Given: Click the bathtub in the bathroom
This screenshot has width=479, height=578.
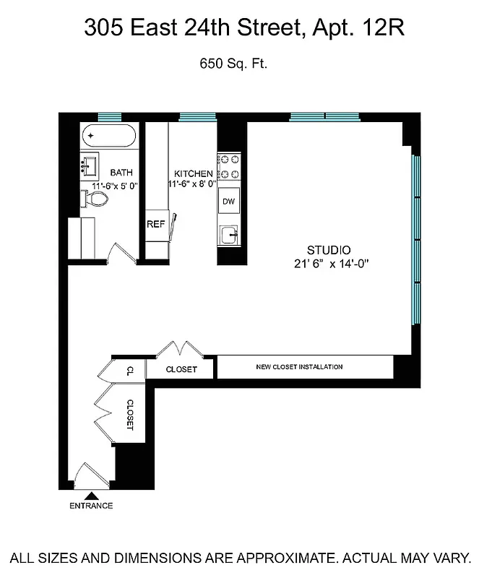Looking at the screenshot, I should pyautogui.click(x=108, y=136).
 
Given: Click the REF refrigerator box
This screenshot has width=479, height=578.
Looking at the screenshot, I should pyautogui.click(x=156, y=224).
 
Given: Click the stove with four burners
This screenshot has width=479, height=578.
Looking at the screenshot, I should pyautogui.click(x=229, y=167).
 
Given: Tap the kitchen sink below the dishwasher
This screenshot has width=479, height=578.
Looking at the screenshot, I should pyautogui.click(x=229, y=235).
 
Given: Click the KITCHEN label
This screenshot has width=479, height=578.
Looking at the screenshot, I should pyautogui.click(x=194, y=174).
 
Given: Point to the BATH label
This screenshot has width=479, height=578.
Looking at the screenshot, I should pyautogui.click(x=121, y=173).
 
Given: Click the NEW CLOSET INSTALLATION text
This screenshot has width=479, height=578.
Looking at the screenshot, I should pyautogui.click(x=299, y=367).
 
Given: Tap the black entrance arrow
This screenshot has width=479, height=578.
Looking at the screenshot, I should pyautogui.click(x=91, y=496).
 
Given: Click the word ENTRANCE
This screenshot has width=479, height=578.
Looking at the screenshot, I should pyautogui.click(x=91, y=506).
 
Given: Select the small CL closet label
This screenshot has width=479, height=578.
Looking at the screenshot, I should pyautogui.click(x=130, y=371).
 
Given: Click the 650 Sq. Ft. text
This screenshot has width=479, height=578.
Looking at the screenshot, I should pyautogui.click(x=233, y=64).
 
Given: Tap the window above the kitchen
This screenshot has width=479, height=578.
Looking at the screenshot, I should pyautogui.click(x=197, y=116).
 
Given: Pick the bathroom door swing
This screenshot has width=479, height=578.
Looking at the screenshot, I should pyautogui.click(x=120, y=253).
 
